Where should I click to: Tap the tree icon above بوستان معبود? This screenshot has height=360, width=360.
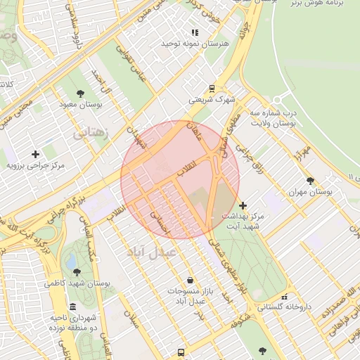[x=81, y=93]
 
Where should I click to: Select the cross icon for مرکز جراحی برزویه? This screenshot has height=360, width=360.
[x=35, y=154]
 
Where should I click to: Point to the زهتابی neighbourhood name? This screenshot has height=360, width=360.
[x=92, y=131]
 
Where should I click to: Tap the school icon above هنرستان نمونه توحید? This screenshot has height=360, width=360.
[x=195, y=32]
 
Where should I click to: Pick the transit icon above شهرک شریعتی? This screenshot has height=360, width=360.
[x=212, y=89]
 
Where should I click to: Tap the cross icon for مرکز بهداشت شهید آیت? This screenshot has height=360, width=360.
[x=243, y=206]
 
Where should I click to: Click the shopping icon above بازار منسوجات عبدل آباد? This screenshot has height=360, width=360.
[x=187, y=280]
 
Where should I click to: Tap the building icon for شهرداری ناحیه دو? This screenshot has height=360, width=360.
[x=73, y=307]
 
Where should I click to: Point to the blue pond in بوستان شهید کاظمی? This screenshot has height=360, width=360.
[x=71, y=261]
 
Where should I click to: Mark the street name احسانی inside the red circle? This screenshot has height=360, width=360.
[x=162, y=222]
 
